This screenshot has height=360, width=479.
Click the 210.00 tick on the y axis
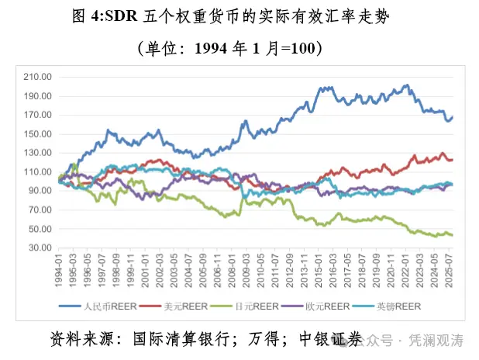[x=36, y=78]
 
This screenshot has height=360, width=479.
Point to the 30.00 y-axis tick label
[x=38, y=247]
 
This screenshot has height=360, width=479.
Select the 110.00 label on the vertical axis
[x=36, y=171]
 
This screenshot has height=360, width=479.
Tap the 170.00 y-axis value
[x=36, y=115]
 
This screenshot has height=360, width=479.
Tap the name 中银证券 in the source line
[x=330, y=339]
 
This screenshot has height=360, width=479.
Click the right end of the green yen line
[x=452, y=235]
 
